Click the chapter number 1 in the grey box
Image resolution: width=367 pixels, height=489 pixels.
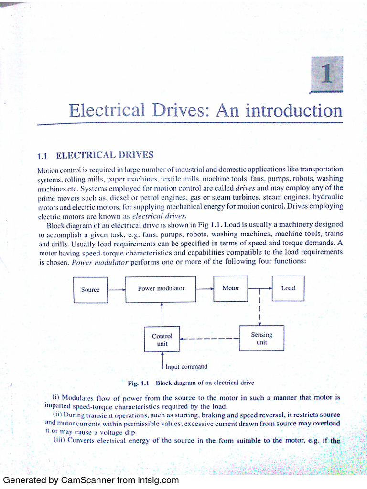coord(327,74)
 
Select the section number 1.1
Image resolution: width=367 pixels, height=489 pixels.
coord(44,156)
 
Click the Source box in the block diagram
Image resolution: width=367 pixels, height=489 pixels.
coord(90,289)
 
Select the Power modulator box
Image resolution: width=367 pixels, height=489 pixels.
coord(161,288)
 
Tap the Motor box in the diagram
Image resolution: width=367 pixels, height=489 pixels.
coord(231,288)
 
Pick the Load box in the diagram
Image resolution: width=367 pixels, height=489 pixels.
coord(288,288)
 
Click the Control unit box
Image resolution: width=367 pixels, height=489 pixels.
coord(162,340)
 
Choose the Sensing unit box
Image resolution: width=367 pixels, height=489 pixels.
coord(261,339)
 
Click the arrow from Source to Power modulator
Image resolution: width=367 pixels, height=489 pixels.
coord(116,289)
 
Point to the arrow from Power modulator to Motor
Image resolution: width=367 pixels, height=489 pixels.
coord(205,288)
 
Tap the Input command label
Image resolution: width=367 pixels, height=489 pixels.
coord(186,367)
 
